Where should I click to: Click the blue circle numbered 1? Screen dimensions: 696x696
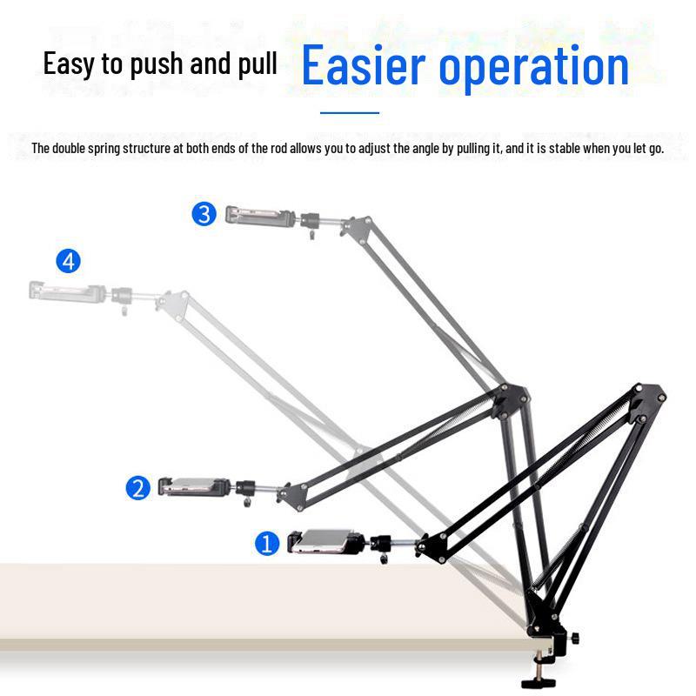pyautogui.click(x=267, y=544)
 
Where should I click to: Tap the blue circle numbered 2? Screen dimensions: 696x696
pyautogui.click(x=138, y=488)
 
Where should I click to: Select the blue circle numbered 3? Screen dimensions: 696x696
pyautogui.click(x=204, y=214)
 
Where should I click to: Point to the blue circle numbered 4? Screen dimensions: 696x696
pyautogui.click(x=69, y=261)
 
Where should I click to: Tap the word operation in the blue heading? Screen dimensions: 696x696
pyautogui.click(x=534, y=68)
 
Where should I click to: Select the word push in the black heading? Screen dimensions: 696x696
pyautogui.click(x=157, y=64)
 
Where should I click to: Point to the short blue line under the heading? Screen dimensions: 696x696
pyautogui.click(x=350, y=113)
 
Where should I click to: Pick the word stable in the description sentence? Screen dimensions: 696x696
pyautogui.click(x=565, y=148)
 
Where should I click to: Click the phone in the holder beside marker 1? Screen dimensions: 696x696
pyautogui.click(x=325, y=541)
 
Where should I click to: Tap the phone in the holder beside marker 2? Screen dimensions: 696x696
pyautogui.click(x=194, y=486)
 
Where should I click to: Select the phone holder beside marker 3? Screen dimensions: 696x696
pyautogui.click(x=260, y=217)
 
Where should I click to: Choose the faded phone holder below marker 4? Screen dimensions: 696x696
pyautogui.click(x=68, y=291)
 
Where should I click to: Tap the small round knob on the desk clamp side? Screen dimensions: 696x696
pyautogui.click(x=575, y=639)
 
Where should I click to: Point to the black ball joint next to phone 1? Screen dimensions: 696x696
pyautogui.click(x=380, y=542)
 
